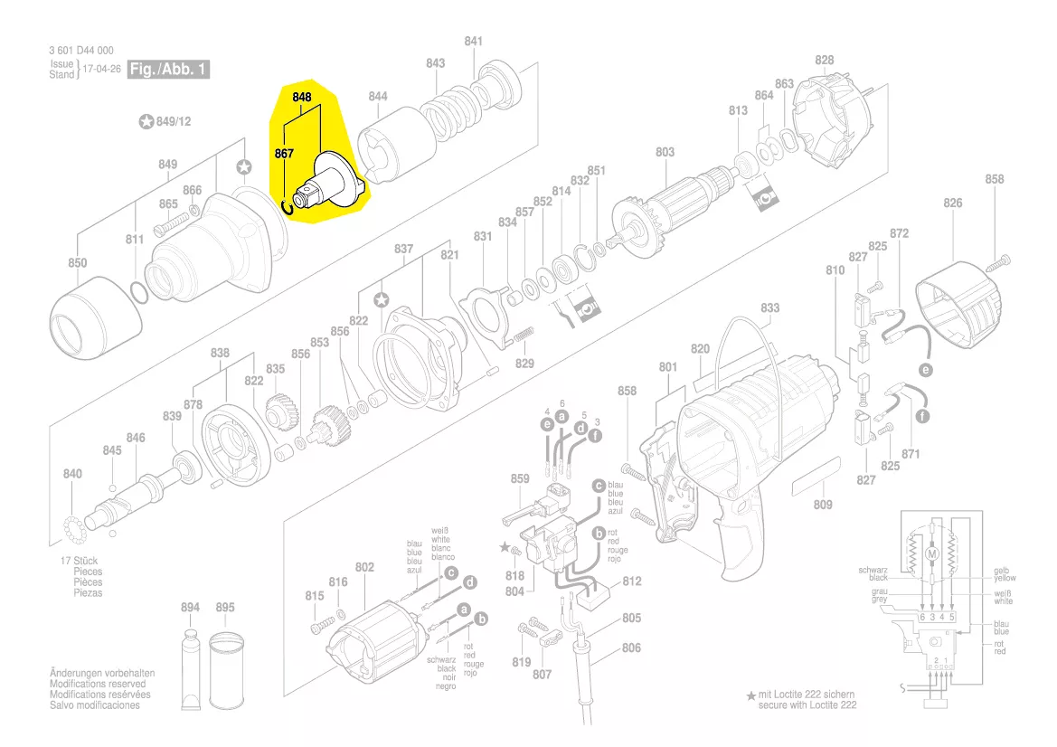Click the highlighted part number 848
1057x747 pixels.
pyautogui.click(x=301, y=97)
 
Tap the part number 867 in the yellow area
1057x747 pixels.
pyautogui.click(x=285, y=155)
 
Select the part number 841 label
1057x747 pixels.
pyautogui.click(x=474, y=42)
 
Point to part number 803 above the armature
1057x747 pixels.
pyautogui.click(x=665, y=153)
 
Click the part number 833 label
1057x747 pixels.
pyautogui.click(x=769, y=308)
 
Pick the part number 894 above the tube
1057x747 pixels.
pyautogui.click(x=190, y=608)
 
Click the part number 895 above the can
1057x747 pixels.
pyautogui.click(x=225, y=608)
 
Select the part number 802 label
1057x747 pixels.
pyautogui.click(x=364, y=567)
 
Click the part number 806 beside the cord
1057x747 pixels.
pyautogui.click(x=631, y=648)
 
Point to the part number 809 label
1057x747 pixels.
pyautogui.click(x=822, y=505)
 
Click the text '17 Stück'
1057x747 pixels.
pyautogui.click(x=80, y=561)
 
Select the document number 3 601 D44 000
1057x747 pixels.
pyautogui.click(x=81, y=51)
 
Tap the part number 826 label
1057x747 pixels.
pyautogui.click(x=953, y=203)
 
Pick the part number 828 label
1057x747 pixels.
pyautogui.click(x=824, y=61)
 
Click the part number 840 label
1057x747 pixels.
pyautogui.click(x=72, y=475)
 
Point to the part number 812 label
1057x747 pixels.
pyautogui.click(x=632, y=582)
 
